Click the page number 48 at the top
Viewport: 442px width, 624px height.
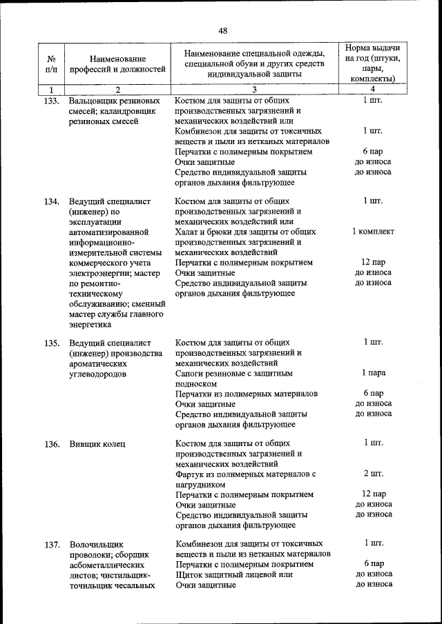(222, 30)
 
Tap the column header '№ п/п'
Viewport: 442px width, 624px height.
(51, 63)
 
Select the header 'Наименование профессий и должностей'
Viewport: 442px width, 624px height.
(117, 64)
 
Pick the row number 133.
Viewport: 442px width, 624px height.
(51, 101)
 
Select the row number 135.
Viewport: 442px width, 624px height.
(51, 343)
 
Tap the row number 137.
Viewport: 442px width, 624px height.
(51, 545)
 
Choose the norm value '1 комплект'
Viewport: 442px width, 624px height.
(373, 232)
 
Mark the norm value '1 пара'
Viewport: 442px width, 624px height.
(373, 373)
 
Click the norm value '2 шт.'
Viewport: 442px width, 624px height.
(373, 474)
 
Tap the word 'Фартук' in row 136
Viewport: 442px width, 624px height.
(191, 474)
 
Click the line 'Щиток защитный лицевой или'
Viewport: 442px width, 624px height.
(234, 574)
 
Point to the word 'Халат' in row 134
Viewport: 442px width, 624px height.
(189, 232)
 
